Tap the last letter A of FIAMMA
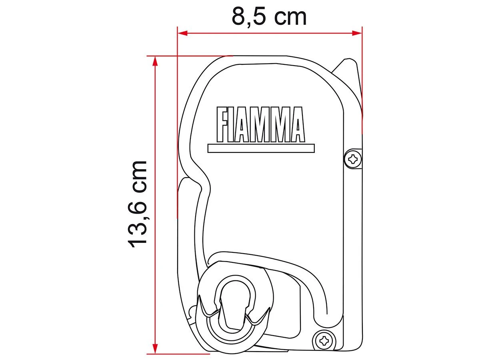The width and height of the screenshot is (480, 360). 296,124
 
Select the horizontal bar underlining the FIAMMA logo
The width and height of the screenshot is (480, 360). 261,148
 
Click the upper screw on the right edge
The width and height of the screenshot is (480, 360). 353,159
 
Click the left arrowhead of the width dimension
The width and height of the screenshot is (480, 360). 182,33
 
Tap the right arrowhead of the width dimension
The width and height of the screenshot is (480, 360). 357,33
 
